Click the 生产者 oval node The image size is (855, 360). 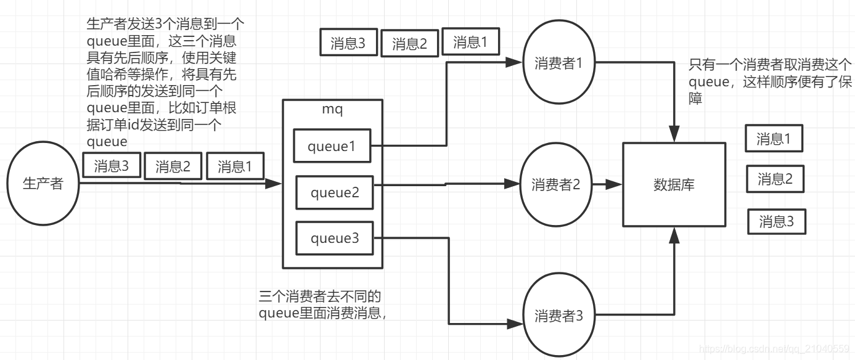point(43,183)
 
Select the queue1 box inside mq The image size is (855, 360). point(333,146)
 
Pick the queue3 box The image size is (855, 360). point(335,238)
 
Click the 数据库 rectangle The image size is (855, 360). point(674,184)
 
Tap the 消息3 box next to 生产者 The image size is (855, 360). point(112,166)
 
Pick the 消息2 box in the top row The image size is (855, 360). point(409,44)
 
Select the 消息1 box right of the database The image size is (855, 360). point(774,139)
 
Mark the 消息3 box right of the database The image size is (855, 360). point(776,221)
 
